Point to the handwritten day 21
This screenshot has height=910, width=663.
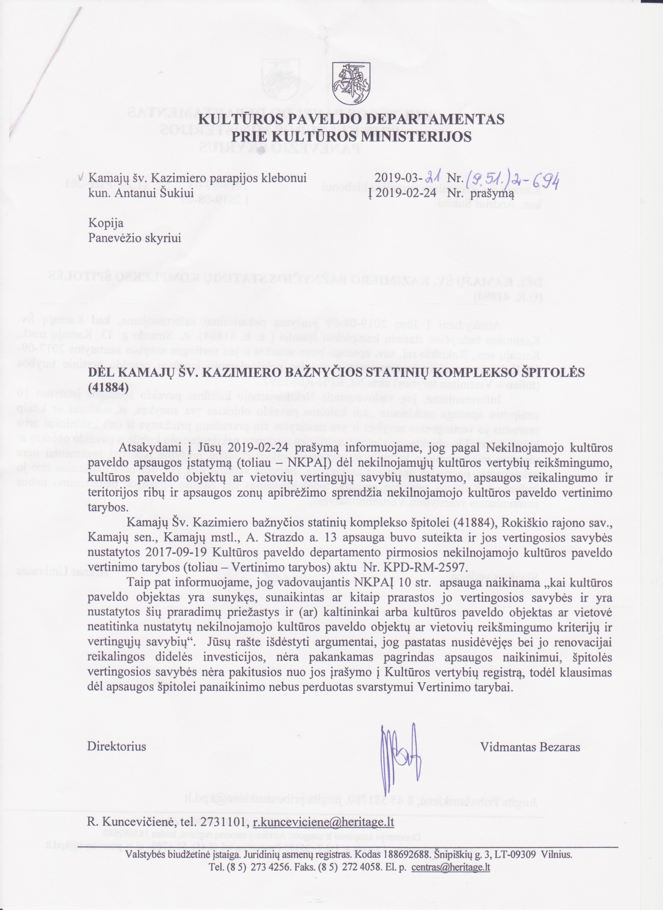click(434, 176)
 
